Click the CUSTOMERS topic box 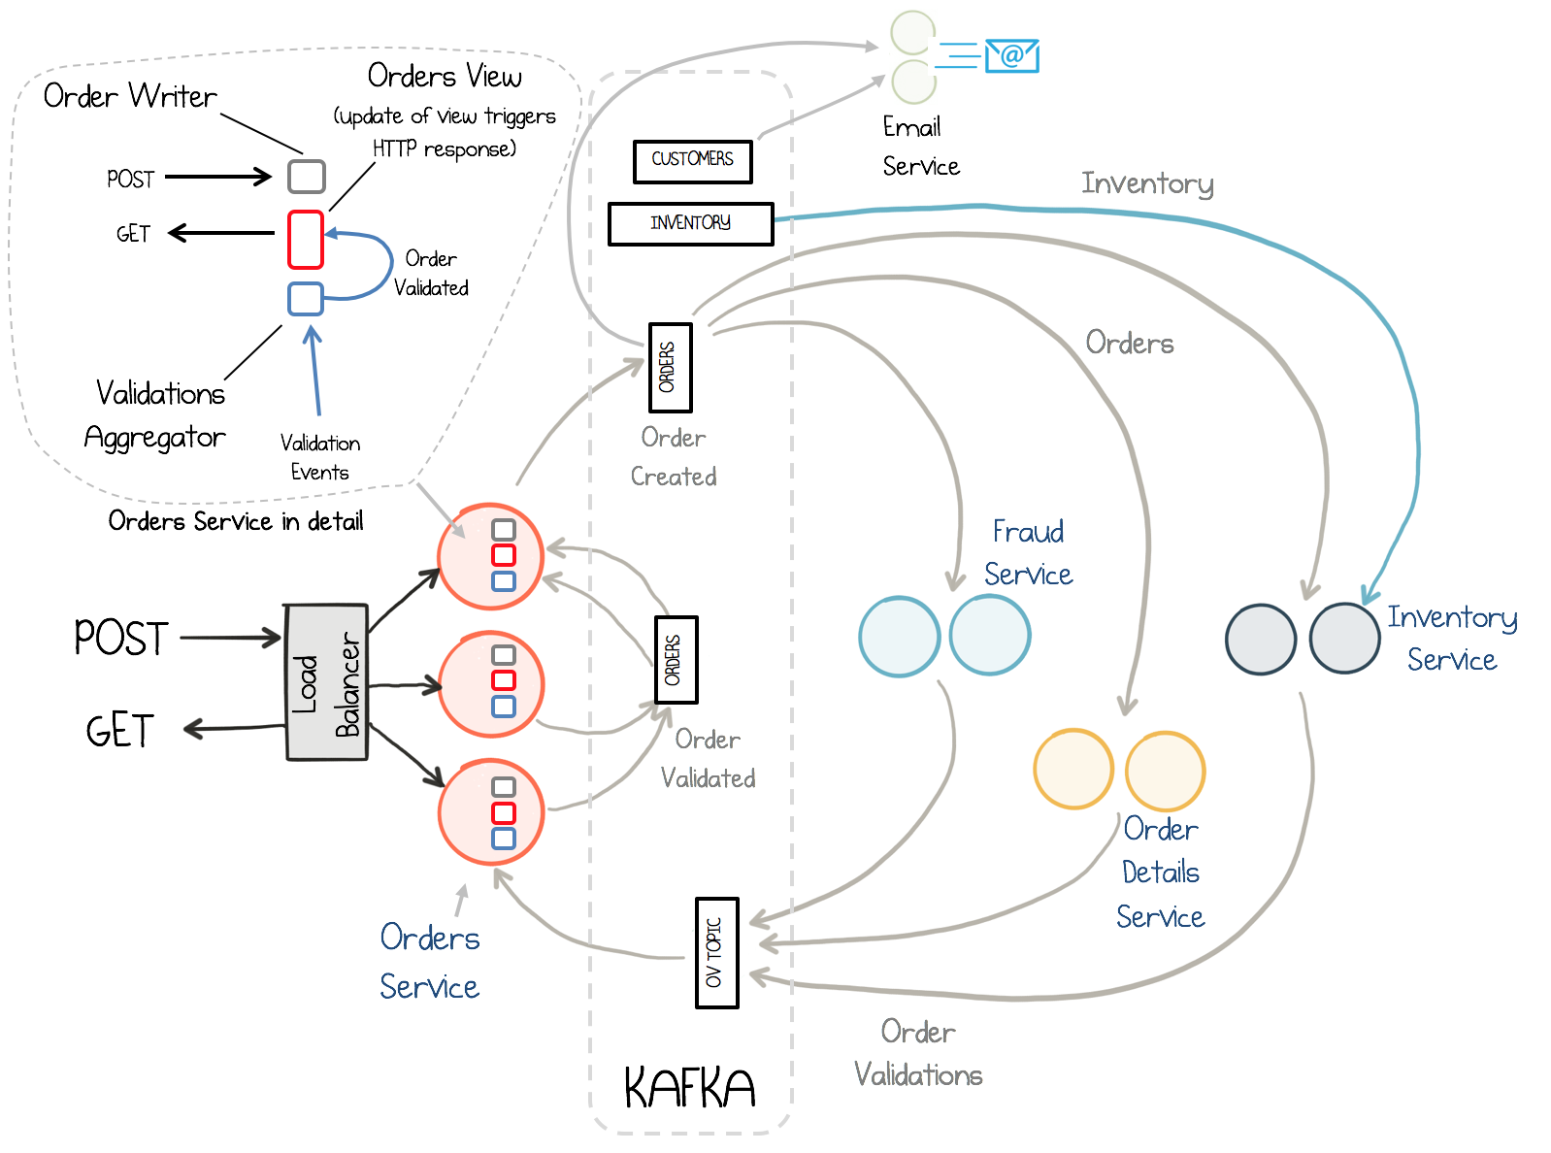point(692,161)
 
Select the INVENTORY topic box point(690,223)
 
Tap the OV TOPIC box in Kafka point(716,952)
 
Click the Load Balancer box point(327,682)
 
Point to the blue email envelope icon point(1011,55)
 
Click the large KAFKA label point(689,1088)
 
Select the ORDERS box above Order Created point(670,368)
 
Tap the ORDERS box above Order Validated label point(676,660)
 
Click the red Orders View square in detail point(305,240)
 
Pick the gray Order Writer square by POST point(307,177)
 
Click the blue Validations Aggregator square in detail point(306,298)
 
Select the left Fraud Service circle point(900,636)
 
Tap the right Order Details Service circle point(1165,771)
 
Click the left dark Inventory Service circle point(1261,640)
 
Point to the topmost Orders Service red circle point(490,557)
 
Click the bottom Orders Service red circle point(490,812)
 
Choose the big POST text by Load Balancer point(121,639)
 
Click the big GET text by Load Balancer point(119,731)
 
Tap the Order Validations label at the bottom point(917,1053)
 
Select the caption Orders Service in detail point(236,521)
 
